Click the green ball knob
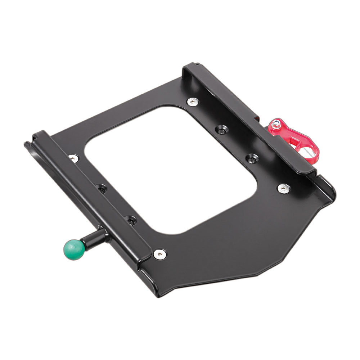click(x=73, y=249)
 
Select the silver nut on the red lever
click(x=276, y=125)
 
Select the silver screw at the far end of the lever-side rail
click(x=193, y=102)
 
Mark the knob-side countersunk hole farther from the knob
click(x=102, y=188)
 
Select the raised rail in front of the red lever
click(x=248, y=119)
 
